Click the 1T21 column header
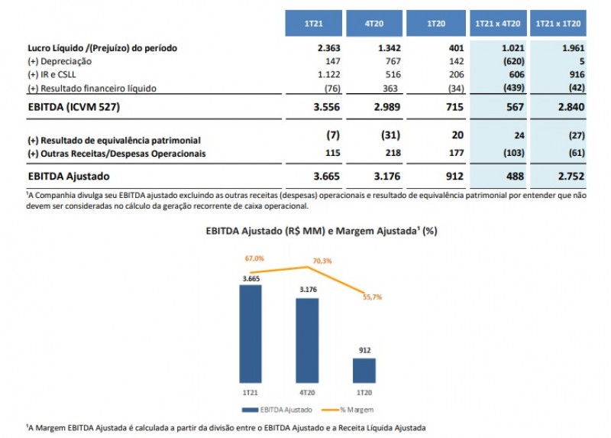click(x=312, y=23)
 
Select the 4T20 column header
click(x=373, y=23)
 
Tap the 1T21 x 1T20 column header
click(x=561, y=23)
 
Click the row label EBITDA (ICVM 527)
click(x=75, y=107)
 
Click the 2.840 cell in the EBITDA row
click(x=571, y=107)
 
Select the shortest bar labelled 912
click(x=365, y=370)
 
